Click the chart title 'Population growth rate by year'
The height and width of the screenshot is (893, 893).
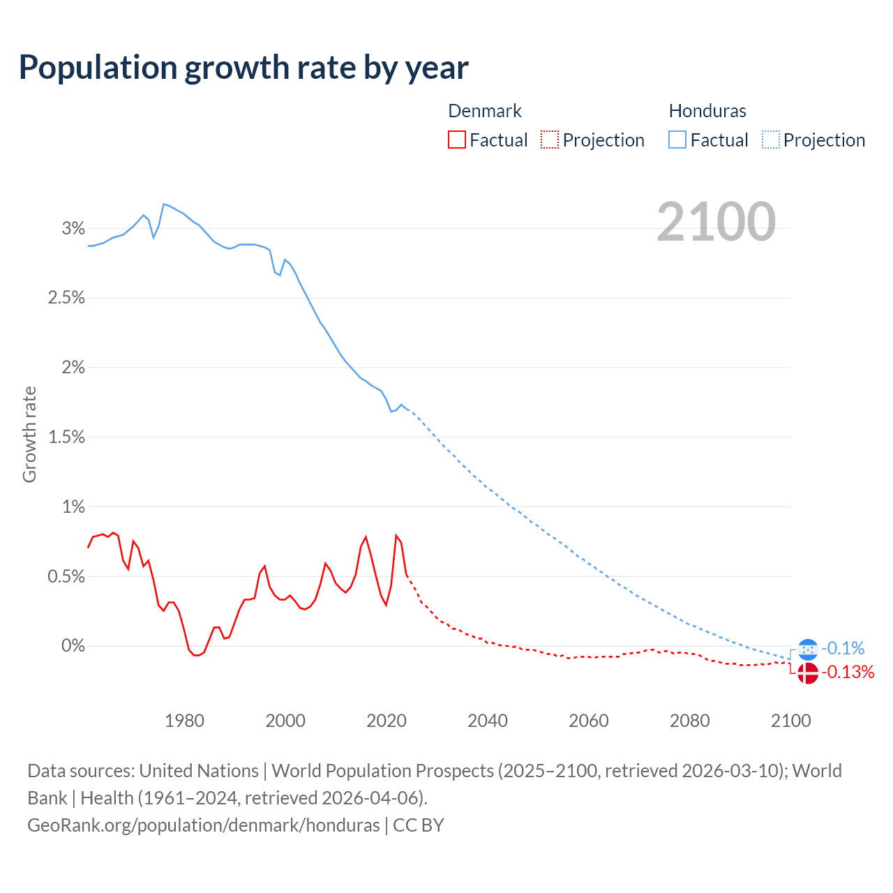coord(243,68)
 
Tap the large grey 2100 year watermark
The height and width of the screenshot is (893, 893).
coord(716,222)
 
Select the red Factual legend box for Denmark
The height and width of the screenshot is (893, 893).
coord(457,140)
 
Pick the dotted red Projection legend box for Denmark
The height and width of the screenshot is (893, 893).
coord(550,140)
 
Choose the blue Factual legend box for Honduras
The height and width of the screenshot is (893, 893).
coord(677,140)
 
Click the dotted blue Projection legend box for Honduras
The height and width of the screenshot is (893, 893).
coord(771,140)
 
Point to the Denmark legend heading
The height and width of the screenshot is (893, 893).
coord(484,111)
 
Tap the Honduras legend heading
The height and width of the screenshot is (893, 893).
coord(707,111)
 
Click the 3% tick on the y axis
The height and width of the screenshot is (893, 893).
coord(73,228)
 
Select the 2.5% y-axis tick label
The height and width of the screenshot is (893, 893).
coord(66,298)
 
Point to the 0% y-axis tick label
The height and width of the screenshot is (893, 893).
coord(73,646)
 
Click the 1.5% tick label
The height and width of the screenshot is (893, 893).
coord(66,437)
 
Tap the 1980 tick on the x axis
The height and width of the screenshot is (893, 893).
coord(185,721)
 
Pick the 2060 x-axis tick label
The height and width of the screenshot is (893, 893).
coord(589,721)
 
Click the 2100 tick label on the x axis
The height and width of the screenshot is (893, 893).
coord(790,721)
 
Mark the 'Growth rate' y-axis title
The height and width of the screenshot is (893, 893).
coord(29,434)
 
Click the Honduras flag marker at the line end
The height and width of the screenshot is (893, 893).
coord(807,650)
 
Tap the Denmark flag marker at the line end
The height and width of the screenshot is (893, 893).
coord(807,673)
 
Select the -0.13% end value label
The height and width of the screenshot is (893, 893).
coord(848,673)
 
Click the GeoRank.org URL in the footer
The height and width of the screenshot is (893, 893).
coord(204,825)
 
